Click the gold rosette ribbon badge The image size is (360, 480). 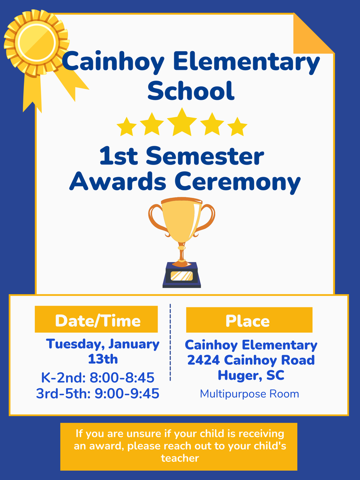(36, 42)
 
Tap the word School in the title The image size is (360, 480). (190, 90)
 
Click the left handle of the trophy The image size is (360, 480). (157, 218)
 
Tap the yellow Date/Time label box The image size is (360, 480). (97, 320)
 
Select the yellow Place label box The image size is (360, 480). (248, 320)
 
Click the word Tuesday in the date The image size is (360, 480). (75, 344)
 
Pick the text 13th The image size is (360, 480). (103, 359)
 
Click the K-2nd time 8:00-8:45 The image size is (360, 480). (124, 377)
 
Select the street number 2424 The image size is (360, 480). (204, 360)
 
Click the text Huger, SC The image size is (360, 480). (251, 375)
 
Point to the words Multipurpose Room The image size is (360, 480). (249, 394)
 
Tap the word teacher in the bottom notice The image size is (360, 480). (180, 458)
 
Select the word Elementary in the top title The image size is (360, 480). (247, 62)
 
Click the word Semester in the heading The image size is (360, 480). (205, 157)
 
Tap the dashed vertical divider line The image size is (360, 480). (170, 342)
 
